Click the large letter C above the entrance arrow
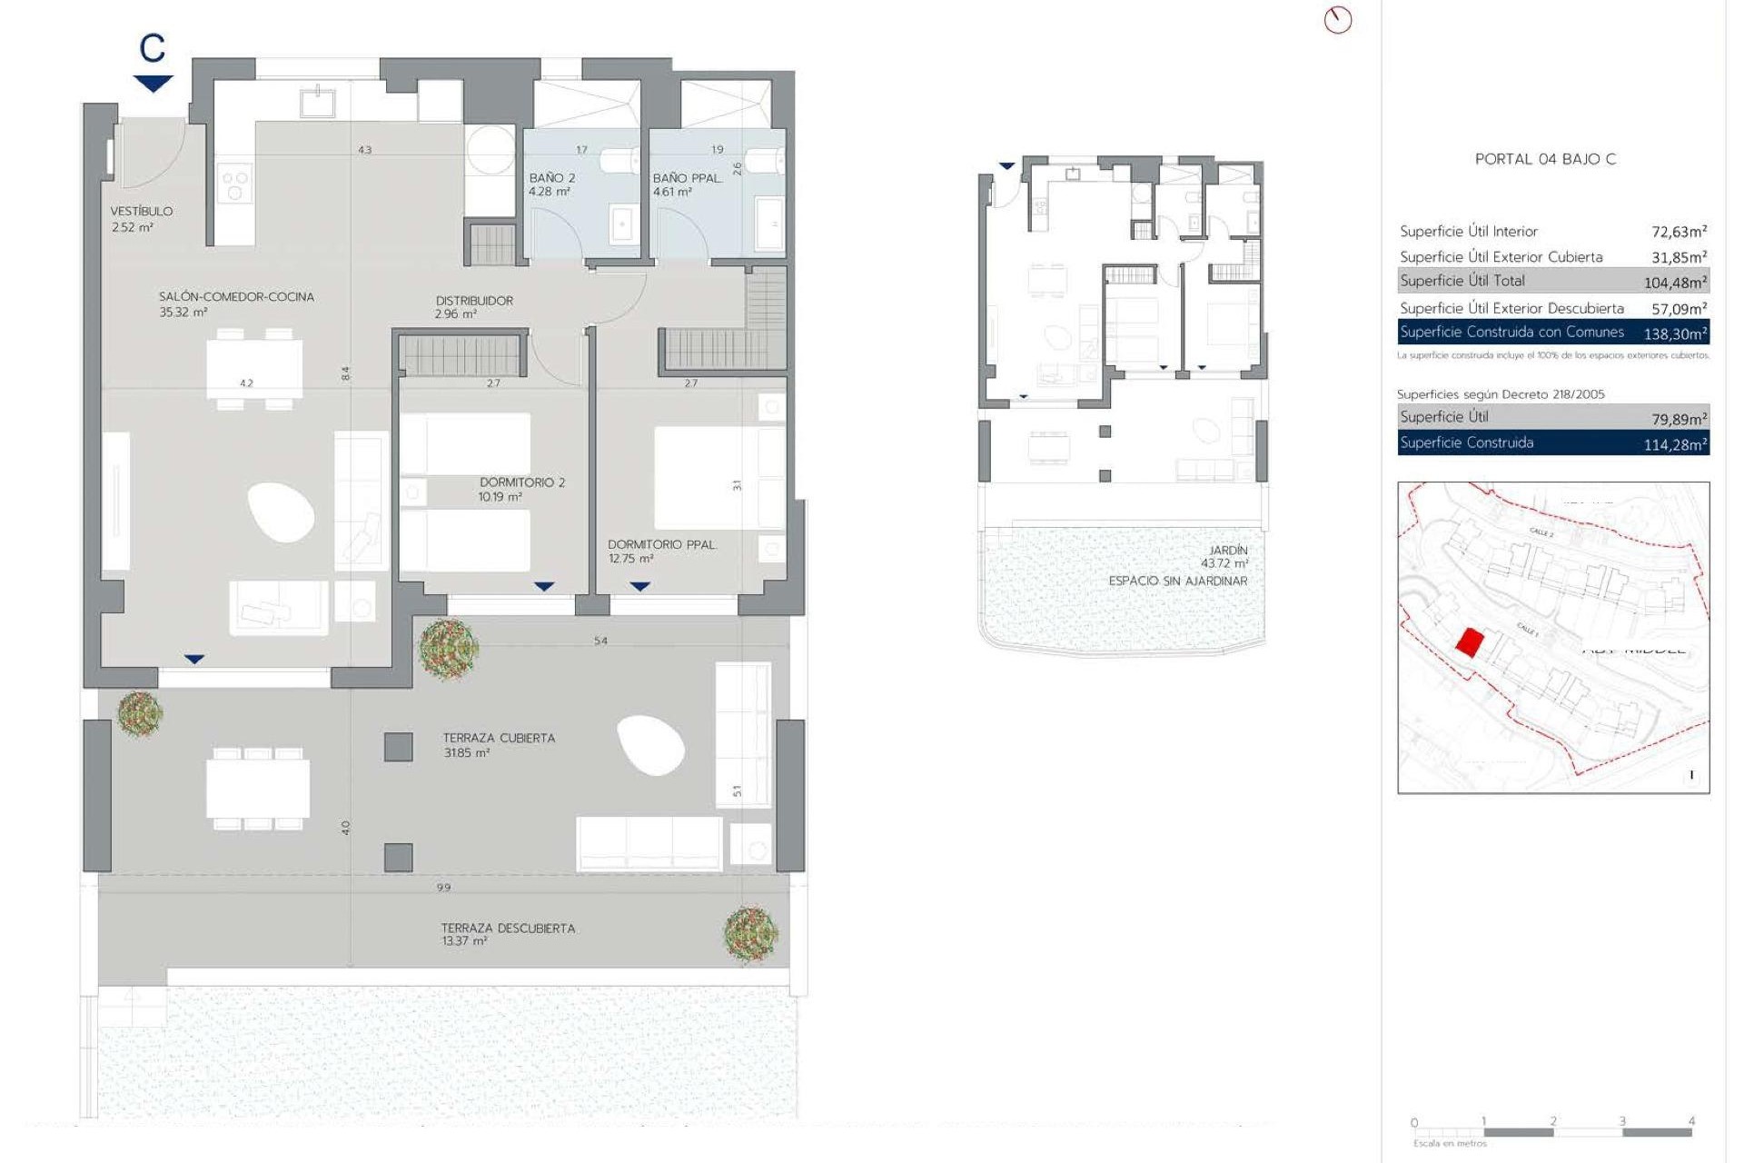153,48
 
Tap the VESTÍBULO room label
142,211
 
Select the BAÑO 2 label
552,178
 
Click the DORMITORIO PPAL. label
662,544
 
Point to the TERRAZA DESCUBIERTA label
508,928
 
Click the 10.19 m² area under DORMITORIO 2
500,497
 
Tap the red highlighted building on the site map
1469,642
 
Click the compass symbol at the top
1337,20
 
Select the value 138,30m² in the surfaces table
1675,333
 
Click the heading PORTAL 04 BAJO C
1545,159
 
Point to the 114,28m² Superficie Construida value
1675,444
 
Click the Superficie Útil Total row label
1462,281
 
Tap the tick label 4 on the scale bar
1691,1121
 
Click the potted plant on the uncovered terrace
750,933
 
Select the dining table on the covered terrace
258,788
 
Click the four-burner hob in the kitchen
235,185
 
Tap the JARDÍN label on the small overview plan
1228,551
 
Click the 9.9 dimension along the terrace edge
443,887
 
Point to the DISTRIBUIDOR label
474,301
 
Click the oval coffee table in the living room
281,512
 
